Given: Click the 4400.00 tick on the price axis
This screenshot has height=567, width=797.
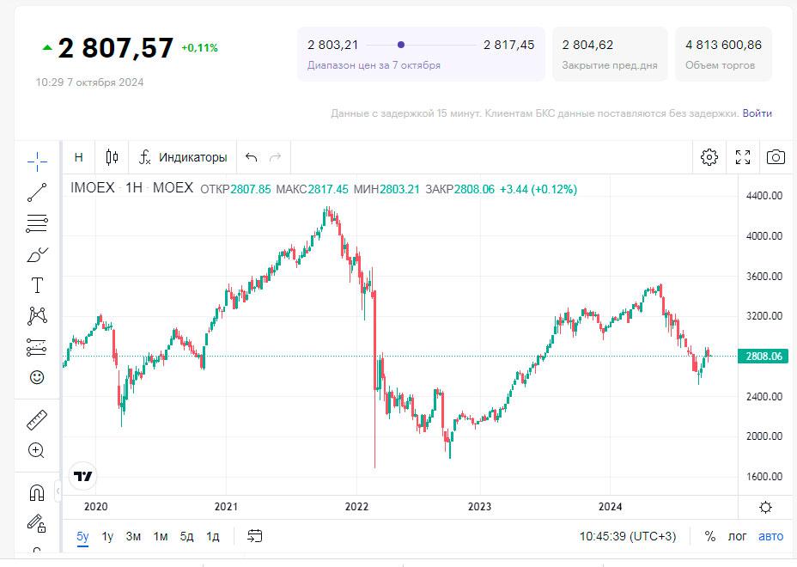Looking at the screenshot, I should [x=764, y=196].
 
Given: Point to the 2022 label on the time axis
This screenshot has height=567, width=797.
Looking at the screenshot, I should [x=356, y=507].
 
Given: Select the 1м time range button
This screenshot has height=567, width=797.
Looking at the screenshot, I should [x=161, y=536].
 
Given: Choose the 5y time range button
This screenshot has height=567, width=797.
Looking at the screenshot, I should [x=82, y=536].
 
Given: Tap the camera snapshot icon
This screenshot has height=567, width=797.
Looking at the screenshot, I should [x=776, y=157].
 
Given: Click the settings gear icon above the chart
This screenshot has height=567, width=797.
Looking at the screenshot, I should [x=709, y=157].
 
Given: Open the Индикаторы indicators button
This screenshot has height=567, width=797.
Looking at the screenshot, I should [x=184, y=157].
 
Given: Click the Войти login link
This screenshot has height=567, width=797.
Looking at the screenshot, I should [x=757, y=113].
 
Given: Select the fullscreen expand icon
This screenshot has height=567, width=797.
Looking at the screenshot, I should [x=743, y=157].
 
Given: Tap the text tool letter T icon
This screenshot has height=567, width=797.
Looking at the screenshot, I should [x=37, y=285].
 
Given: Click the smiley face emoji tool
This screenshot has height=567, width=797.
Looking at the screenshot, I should [x=37, y=377].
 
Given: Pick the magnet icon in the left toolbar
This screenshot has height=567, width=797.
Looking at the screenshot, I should [x=37, y=492].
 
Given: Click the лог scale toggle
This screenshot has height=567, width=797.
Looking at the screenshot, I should [x=737, y=536].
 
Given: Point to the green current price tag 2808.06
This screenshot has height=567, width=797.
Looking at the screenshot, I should [x=764, y=356].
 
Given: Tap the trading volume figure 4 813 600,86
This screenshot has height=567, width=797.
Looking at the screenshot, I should [x=723, y=45].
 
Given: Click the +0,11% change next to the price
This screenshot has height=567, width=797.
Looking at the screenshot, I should [x=199, y=48].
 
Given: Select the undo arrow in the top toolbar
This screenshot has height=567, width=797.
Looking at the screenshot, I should [x=252, y=157].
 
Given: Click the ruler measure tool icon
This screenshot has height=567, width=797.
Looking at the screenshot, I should [x=37, y=420].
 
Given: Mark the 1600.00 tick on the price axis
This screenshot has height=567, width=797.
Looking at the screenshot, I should [x=764, y=477].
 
